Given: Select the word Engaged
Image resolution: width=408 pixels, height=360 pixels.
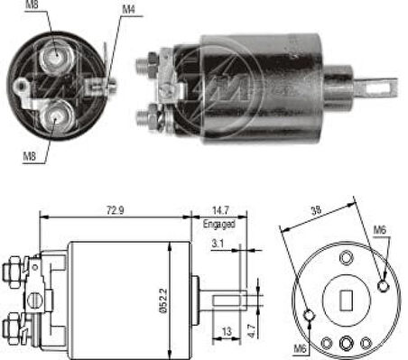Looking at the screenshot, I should [x=219, y=224].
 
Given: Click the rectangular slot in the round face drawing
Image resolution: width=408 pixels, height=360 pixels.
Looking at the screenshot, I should [x=348, y=297].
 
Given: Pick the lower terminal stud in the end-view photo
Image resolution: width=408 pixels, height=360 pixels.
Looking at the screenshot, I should [x=57, y=114].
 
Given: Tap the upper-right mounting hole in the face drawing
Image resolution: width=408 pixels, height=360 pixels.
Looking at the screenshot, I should [x=385, y=285].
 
